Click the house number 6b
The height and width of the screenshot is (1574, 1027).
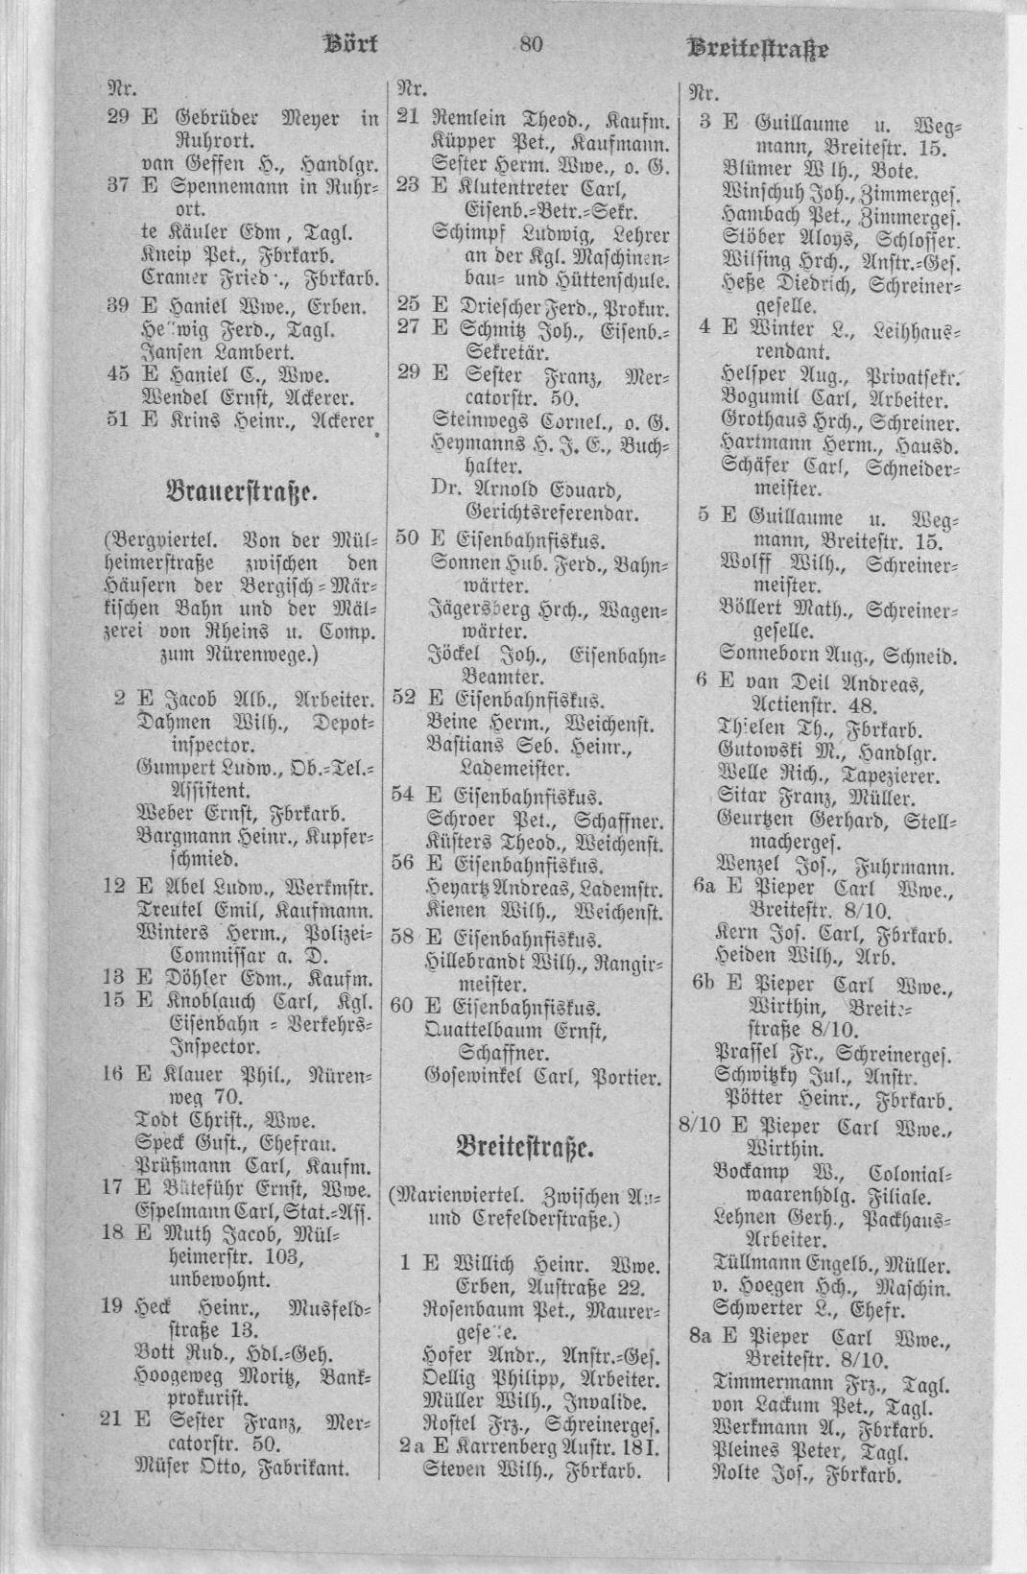[x=705, y=984]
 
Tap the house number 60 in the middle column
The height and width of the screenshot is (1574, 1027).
[x=404, y=1007]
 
